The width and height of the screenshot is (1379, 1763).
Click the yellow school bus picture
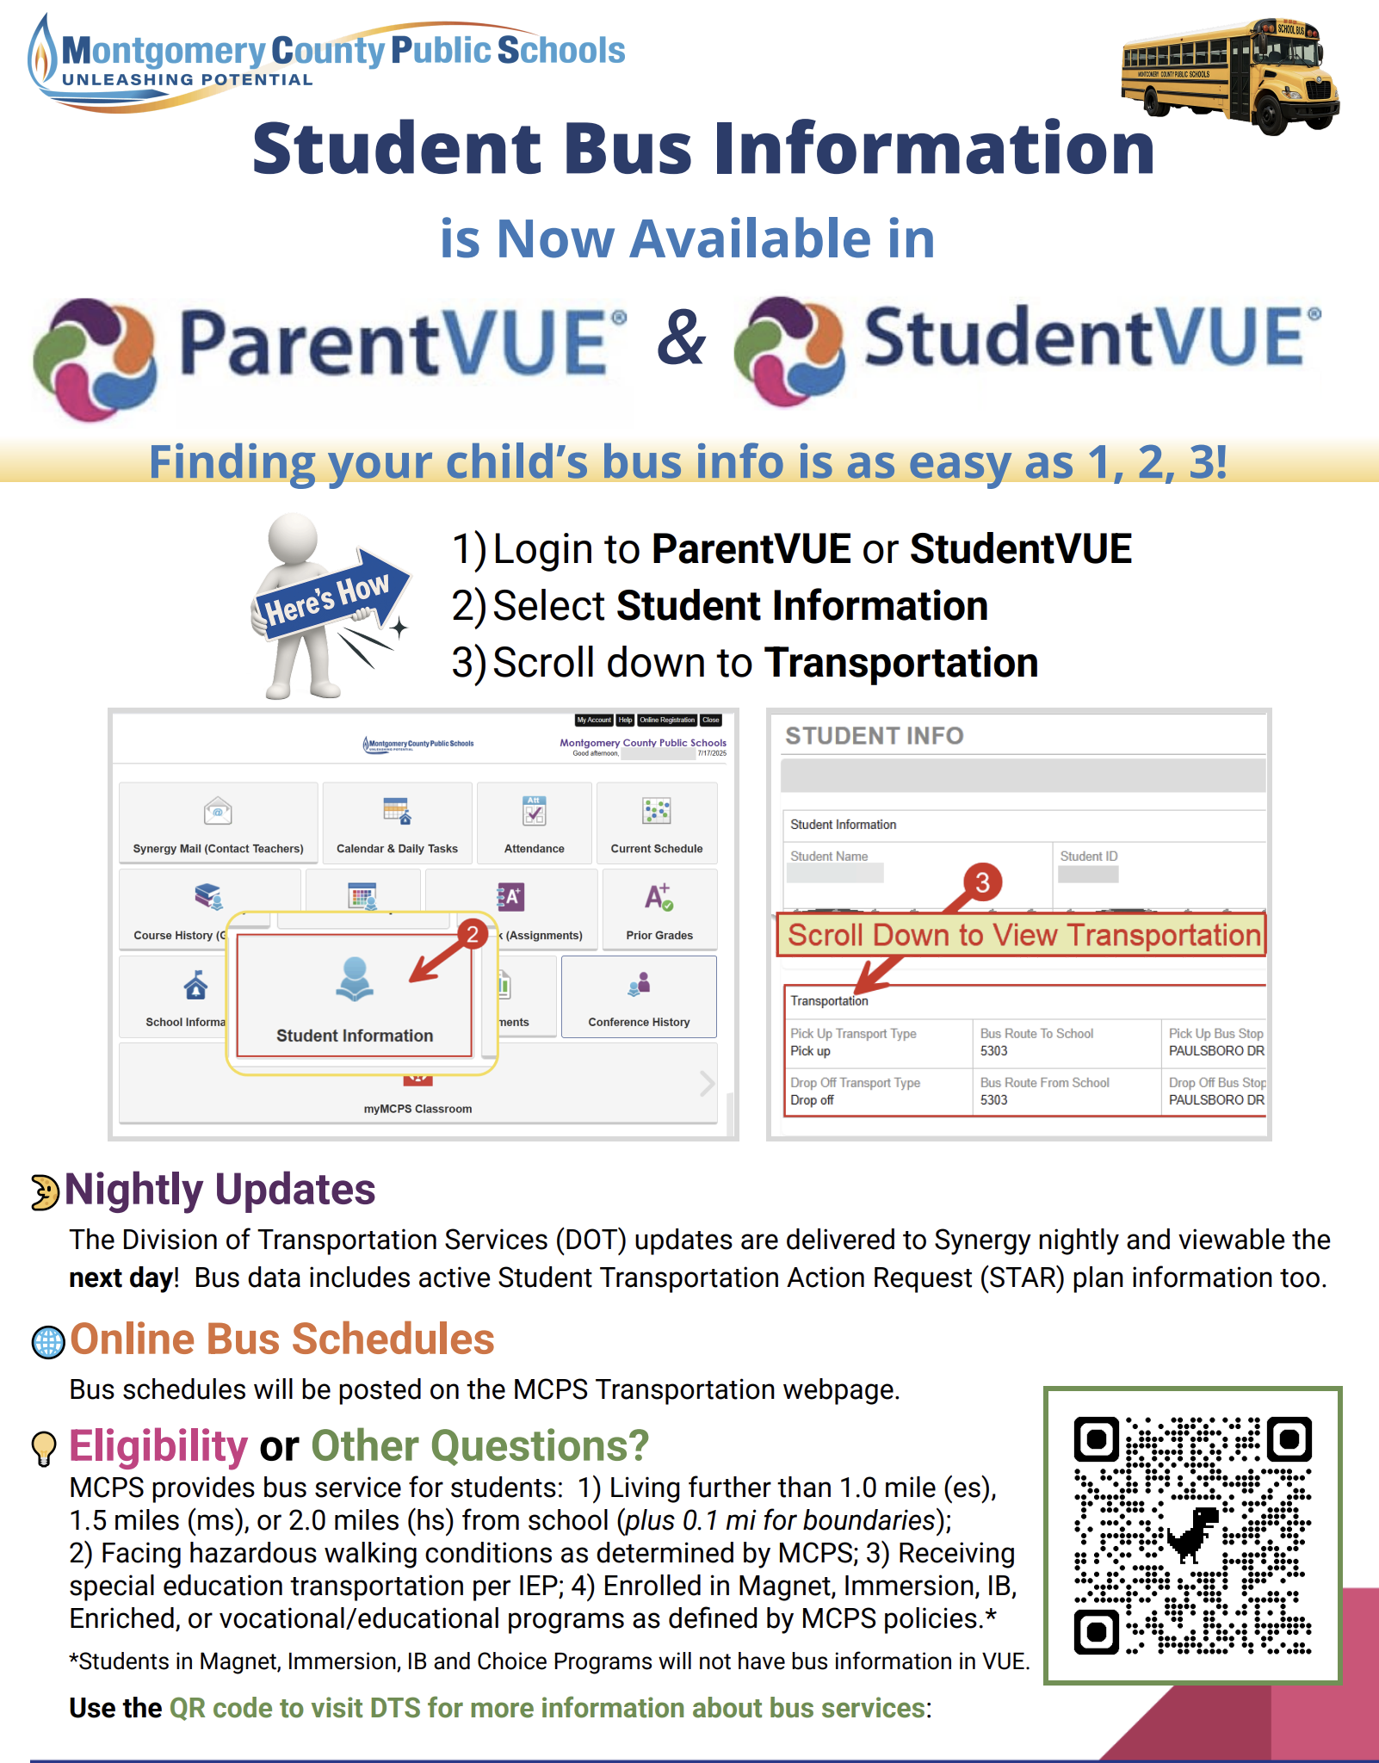pyautogui.click(x=1230, y=76)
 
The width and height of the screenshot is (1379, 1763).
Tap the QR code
pyautogui.click(x=1192, y=1536)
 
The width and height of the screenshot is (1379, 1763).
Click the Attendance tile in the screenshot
pyautogui.click(x=535, y=823)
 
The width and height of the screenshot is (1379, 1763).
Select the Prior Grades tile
pyautogui.click(x=659, y=910)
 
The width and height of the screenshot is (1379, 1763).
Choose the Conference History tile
pyautogui.click(x=639, y=997)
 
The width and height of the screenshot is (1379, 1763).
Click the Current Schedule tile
pyautogui.click(x=657, y=823)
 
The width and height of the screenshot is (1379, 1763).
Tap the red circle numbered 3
pyautogui.click(x=982, y=881)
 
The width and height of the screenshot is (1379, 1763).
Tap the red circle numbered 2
pyautogui.click(x=473, y=934)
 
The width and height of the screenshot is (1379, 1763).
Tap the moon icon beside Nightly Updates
pyautogui.click(x=44, y=1192)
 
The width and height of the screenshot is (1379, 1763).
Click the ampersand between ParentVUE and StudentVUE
pyautogui.click(x=681, y=339)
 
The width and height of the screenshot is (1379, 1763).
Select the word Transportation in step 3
pyautogui.click(x=901, y=663)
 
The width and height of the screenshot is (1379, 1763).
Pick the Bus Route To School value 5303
pyautogui.click(x=993, y=1051)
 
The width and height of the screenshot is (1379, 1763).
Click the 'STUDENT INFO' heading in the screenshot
pyautogui.click(x=874, y=736)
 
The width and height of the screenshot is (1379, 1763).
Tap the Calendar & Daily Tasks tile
pyautogui.click(x=397, y=823)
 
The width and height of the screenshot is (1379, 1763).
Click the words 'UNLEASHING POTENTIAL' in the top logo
pyautogui.click(x=187, y=80)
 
